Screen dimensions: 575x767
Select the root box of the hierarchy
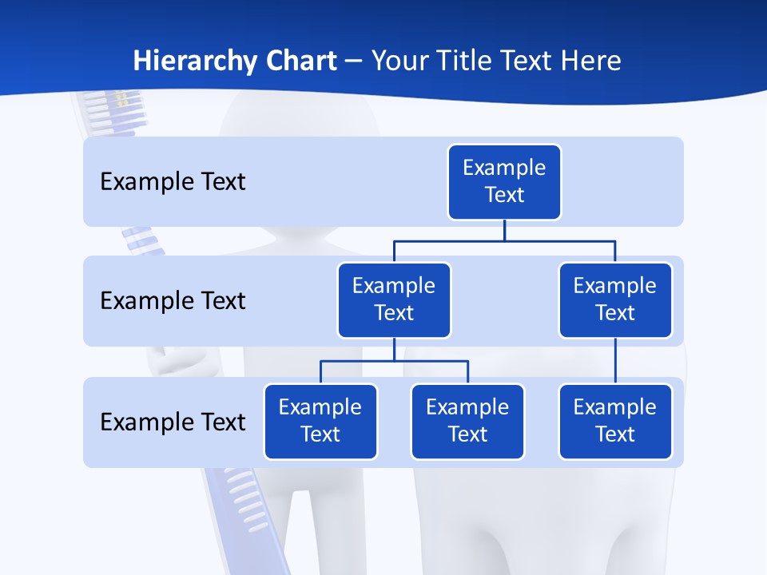coord(504,182)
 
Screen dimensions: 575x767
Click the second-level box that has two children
coord(394,300)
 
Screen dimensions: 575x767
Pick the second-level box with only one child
coord(615,300)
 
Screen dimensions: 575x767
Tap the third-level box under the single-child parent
coord(615,422)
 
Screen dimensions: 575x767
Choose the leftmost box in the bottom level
coord(320,422)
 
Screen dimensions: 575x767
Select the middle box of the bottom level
coord(467,422)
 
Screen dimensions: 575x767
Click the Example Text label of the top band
coord(173,182)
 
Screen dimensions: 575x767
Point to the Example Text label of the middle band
coord(173,301)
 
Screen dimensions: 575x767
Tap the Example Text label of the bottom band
coord(173,422)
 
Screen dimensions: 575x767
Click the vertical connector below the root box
coord(504,230)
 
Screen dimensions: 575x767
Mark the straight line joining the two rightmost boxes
coord(615,361)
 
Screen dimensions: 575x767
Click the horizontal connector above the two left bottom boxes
coord(394,361)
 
